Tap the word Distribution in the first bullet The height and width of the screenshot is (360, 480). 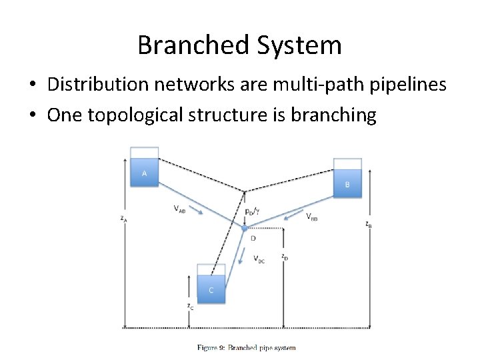click(x=96, y=85)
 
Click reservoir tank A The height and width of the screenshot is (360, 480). click(x=145, y=170)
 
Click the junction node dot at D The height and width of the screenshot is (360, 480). click(x=245, y=228)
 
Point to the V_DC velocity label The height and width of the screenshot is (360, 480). click(x=259, y=260)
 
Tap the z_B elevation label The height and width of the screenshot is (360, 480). click(x=369, y=225)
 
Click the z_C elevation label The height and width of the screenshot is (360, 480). click(x=190, y=306)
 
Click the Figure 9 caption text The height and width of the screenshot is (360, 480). click(x=246, y=347)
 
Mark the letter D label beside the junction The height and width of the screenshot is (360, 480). click(x=253, y=238)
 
